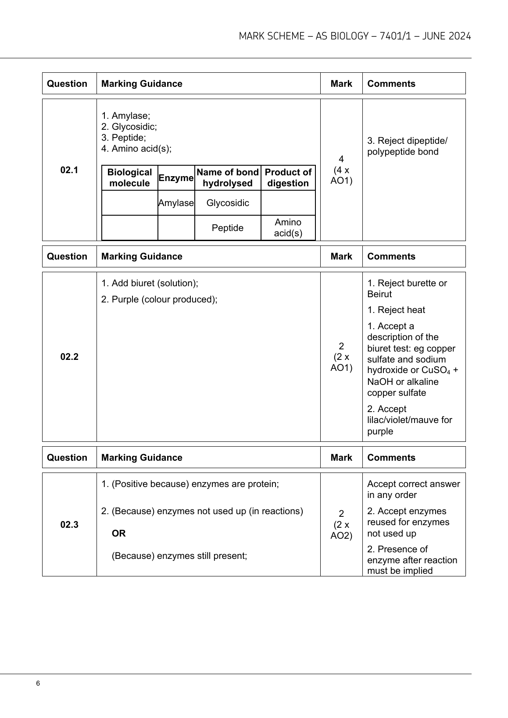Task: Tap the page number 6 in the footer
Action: [38, 683]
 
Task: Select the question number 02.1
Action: [69, 170]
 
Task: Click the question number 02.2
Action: [69, 357]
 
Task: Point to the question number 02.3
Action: [69, 525]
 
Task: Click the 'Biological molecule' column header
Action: [129, 178]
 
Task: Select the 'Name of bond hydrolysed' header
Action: [228, 178]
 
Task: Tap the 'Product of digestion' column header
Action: [288, 178]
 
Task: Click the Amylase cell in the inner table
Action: [176, 203]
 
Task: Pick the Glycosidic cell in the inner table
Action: [228, 203]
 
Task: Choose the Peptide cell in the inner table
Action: [228, 228]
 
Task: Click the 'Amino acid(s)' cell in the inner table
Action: [288, 228]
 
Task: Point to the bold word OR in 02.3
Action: [118, 533]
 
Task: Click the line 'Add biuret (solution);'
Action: [150, 283]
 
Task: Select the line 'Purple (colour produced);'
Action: [159, 299]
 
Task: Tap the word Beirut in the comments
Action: [379, 294]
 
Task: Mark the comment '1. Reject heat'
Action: [396, 310]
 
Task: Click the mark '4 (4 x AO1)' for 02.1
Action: [341, 170]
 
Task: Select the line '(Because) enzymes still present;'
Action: [179, 556]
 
